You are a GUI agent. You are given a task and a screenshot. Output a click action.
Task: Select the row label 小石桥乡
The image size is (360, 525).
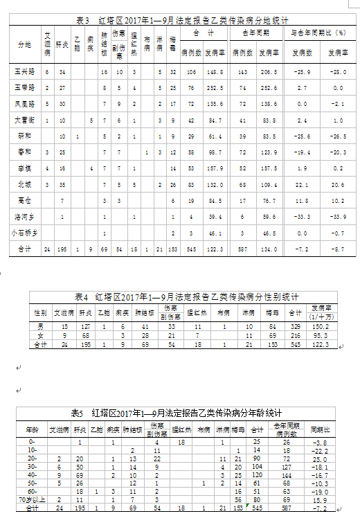tap(26, 234)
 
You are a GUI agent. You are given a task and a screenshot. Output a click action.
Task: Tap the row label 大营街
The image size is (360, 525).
tap(26, 121)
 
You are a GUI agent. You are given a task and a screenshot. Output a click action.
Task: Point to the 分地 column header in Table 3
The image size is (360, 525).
tap(25, 44)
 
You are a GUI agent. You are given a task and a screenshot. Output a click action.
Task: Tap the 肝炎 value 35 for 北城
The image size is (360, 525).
tap(62, 185)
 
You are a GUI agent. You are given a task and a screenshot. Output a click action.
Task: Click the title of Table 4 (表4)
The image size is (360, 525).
tap(182, 296)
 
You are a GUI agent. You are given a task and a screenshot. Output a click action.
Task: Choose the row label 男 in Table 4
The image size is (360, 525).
tap(41, 325)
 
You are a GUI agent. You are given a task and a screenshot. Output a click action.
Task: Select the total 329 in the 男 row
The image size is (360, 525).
tap(295, 325)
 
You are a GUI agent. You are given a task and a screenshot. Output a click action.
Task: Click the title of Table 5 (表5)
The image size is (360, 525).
tap(179, 413)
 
